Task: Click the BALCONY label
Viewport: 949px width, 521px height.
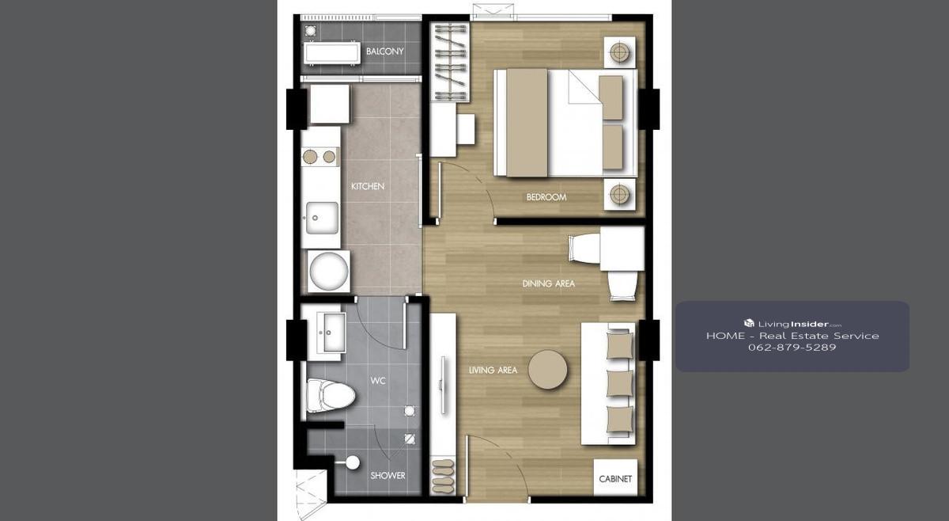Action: click(384, 51)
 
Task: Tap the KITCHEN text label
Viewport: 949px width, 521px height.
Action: click(368, 186)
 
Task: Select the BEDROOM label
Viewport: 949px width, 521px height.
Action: click(546, 197)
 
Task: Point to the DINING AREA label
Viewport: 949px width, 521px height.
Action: click(548, 283)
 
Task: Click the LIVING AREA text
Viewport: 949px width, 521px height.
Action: click(493, 371)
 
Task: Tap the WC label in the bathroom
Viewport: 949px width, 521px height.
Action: click(378, 381)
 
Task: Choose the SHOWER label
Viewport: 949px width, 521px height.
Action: click(388, 476)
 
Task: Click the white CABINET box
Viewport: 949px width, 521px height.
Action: click(615, 477)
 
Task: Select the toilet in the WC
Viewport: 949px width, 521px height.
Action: click(331, 395)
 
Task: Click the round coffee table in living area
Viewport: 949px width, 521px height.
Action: click(548, 370)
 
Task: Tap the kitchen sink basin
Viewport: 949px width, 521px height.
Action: click(323, 218)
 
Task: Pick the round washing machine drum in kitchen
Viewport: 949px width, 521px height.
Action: click(329, 272)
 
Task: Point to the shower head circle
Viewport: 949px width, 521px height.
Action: click(353, 462)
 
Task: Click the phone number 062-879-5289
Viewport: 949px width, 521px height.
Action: click(792, 348)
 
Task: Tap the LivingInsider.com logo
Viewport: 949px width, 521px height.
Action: click(792, 324)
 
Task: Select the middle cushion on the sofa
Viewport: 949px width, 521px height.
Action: click(620, 383)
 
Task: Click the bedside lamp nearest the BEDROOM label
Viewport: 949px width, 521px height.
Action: click(619, 194)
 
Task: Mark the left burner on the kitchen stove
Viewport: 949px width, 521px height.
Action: click(310, 157)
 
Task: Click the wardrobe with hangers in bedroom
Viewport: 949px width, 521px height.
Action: click(450, 62)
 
